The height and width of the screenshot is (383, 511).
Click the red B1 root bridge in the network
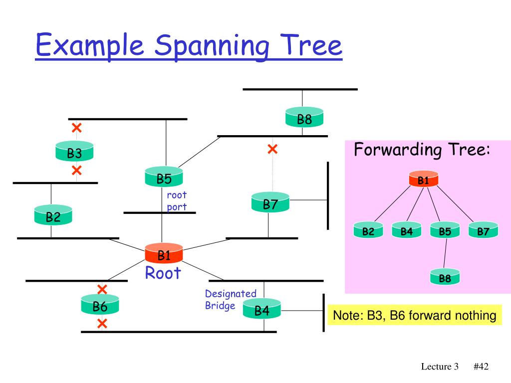pyautogui.click(x=164, y=253)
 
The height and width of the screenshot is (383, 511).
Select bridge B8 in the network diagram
pyautogui.click(x=304, y=117)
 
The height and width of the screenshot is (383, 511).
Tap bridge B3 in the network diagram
pyautogui.click(x=74, y=151)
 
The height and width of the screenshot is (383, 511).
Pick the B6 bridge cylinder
pyautogui.click(x=100, y=305)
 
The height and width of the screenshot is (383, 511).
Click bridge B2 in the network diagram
pyautogui.click(x=53, y=215)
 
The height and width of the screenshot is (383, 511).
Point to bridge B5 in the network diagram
pyautogui.click(x=164, y=177)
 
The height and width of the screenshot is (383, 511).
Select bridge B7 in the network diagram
pyautogui.click(x=270, y=202)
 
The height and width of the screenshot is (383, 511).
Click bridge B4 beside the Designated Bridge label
pyautogui.click(x=262, y=309)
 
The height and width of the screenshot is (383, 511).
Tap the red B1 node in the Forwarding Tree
pyautogui.click(x=423, y=179)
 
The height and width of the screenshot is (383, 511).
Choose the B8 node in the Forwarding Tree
pyautogui.click(x=445, y=277)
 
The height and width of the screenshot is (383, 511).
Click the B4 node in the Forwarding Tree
pyautogui.click(x=406, y=230)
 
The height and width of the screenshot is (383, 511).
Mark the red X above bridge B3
pyautogui.click(x=76, y=128)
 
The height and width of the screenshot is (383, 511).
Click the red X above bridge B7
pyautogui.click(x=272, y=149)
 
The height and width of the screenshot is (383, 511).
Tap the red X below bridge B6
pyautogui.click(x=102, y=324)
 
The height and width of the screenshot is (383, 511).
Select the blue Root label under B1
pyautogui.click(x=163, y=273)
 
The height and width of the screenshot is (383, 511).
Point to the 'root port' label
pyautogui.click(x=177, y=201)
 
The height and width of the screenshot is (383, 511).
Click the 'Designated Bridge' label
pyautogui.click(x=231, y=299)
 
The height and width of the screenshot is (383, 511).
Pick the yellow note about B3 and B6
pyautogui.click(x=415, y=315)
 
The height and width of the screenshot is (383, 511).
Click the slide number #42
pyautogui.click(x=481, y=367)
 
